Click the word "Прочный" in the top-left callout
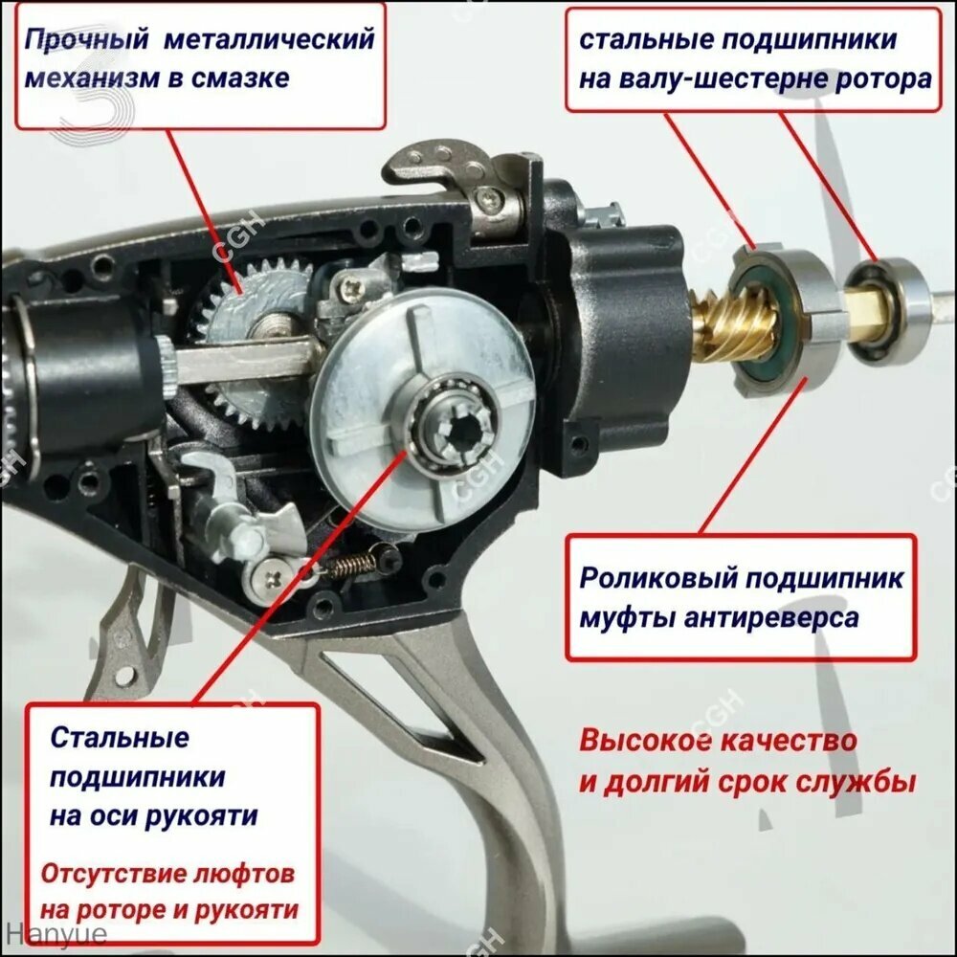click(86, 40)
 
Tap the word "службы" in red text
click(864, 781)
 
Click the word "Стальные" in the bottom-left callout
click(120, 737)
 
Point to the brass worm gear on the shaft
click(713, 326)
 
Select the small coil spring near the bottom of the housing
click(349, 566)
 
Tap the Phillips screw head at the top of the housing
click(489, 197)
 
